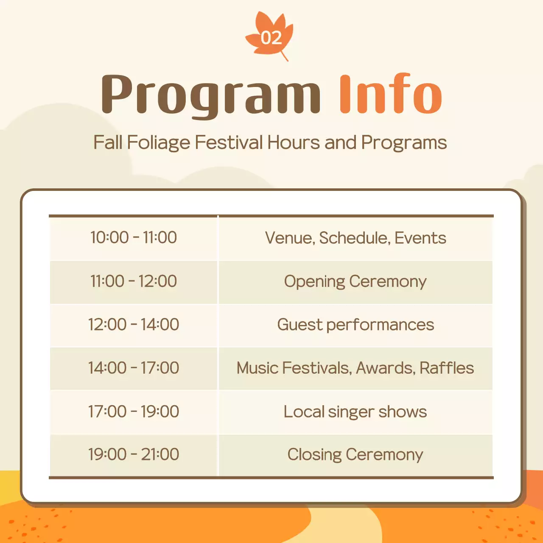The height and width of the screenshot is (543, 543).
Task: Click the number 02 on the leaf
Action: (x=271, y=38)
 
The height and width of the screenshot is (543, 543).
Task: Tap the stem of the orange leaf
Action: (x=284, y=56)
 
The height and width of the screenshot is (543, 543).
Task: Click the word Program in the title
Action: (x=211, y=94)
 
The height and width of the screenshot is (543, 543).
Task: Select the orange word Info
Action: (x=390, y=94)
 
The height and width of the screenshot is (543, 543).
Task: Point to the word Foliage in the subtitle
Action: (x=158, y=143)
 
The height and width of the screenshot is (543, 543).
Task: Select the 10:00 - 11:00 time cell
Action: (x=134, y=238)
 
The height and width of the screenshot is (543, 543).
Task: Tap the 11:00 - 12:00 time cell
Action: (x=134, y=281)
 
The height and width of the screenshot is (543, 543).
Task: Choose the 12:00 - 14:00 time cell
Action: (x=134, y=325)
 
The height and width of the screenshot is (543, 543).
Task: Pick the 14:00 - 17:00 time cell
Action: (x=134, y=368)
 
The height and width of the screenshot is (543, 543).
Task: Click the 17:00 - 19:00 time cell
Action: (x=134, y=411)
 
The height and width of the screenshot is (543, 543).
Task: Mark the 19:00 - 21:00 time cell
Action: (x=134, y=454)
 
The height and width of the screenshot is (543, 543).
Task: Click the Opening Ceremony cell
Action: (x=355, y=281)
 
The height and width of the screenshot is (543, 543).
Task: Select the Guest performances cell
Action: (x=355, y=325)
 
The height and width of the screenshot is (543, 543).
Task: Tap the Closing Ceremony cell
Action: (x=355, y=455)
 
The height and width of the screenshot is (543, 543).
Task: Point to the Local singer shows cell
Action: (x=355, y=411)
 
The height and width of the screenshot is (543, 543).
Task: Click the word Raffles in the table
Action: (x=447, y=368)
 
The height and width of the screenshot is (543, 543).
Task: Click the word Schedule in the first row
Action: (x=354, y=238)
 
